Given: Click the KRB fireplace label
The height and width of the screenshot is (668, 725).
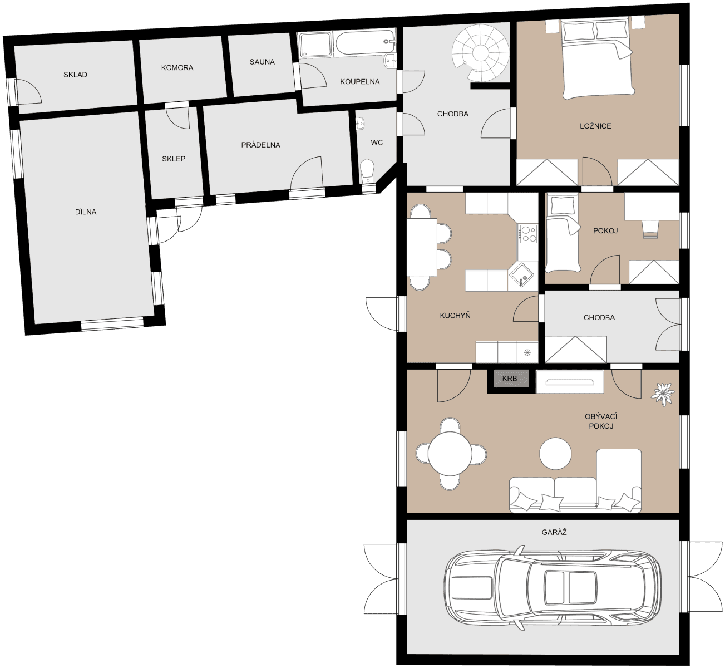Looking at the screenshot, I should coord(509,379).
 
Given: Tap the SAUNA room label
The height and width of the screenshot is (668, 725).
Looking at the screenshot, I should coord(262,62).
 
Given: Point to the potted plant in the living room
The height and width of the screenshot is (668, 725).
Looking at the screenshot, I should coord(663,394).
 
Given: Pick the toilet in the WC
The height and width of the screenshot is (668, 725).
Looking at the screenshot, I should coord(367,170).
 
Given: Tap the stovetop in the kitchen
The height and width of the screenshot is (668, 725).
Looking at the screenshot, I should coord(527,233).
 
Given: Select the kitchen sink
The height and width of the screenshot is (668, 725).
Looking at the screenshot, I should coord(521,276).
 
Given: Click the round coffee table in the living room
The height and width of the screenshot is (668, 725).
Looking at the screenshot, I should coord(555,454).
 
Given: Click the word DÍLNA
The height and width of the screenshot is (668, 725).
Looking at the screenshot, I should coord(86,212).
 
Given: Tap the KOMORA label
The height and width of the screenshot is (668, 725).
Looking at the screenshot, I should coord(177,67).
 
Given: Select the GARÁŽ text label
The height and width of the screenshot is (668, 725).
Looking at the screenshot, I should coord(554,532).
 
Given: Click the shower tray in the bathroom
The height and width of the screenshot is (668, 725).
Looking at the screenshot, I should coord(315,45).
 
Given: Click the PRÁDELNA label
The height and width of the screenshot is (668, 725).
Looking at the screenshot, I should coord(260,145).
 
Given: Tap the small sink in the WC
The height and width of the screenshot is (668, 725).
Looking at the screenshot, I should coord(359,124).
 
